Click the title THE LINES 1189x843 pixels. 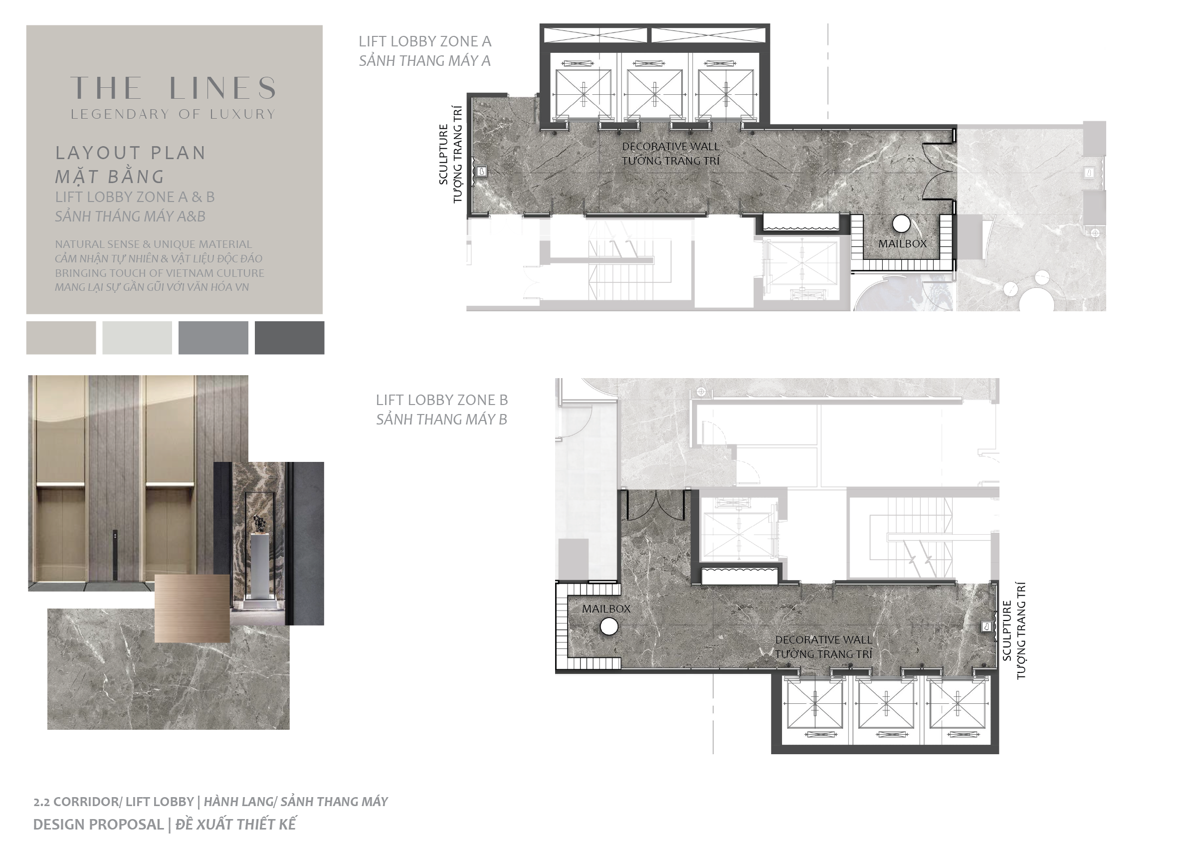click(174, 88)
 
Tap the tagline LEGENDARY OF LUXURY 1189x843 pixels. click(174, 114)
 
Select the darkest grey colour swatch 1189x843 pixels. click(290, 337)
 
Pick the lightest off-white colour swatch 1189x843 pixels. click(137, 337)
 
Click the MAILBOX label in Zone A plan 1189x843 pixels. click(902, 243)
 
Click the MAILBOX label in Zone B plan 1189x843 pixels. click(605, 609)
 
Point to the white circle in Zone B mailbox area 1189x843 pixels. click(609, 627)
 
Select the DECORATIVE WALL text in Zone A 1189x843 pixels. click(670, 146)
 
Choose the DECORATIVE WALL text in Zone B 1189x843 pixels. click(823, 639)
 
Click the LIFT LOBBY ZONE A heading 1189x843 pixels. click(424, 41)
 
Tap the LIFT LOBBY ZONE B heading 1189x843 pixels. click(442, 400)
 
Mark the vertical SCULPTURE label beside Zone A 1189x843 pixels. click(443, 155)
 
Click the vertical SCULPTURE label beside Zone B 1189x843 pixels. click(1007, 631)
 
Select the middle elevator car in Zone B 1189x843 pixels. click(886, 705)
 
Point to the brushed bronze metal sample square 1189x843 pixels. click(192, 609)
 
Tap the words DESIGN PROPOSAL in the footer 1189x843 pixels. click(99, 825)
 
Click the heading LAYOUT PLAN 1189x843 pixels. click(131, 153)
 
